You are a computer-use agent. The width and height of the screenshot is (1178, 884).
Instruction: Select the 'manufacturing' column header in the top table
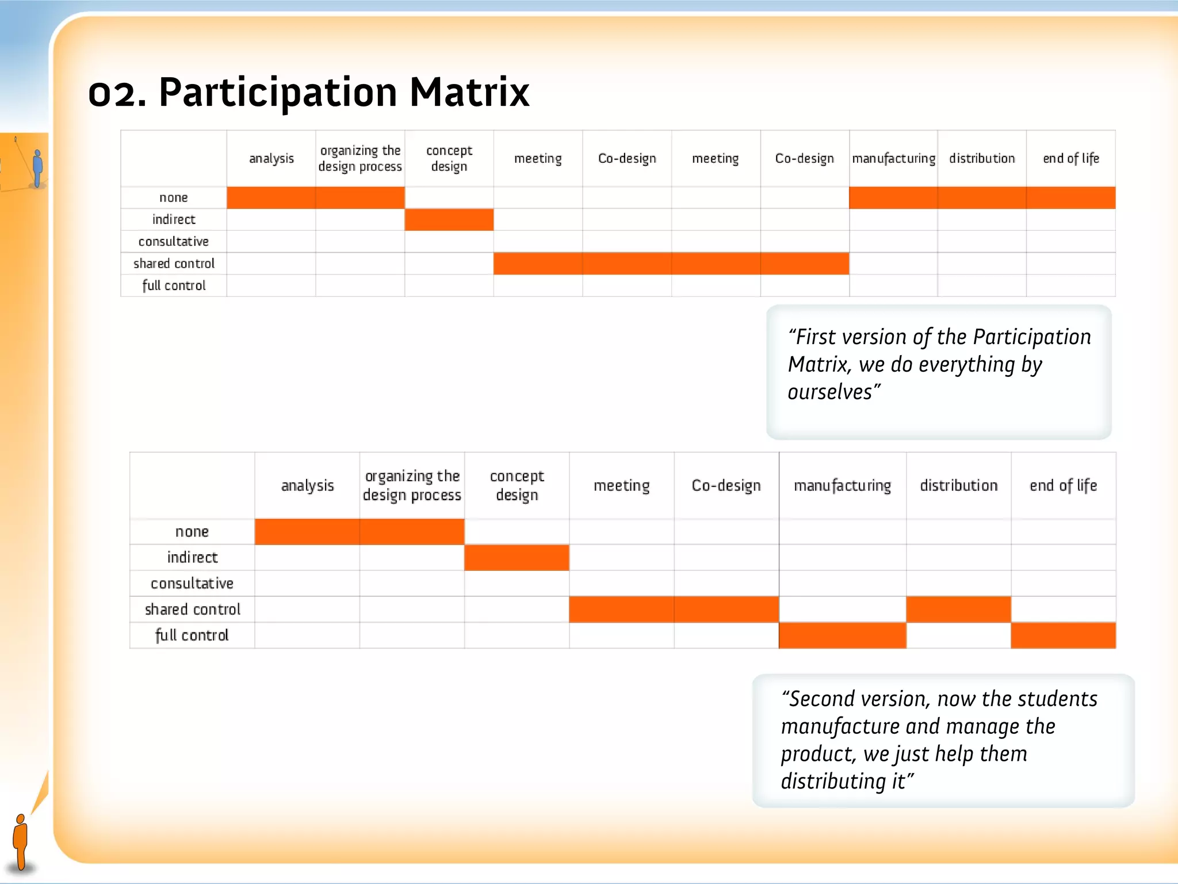tap(893, 158)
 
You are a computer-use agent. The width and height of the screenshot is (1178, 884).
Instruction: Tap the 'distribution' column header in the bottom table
tap(958, 485)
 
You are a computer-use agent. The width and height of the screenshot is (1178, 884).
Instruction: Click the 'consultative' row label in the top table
tap(173, 242)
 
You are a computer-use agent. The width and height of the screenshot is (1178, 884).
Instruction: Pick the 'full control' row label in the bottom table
tap(192, 635)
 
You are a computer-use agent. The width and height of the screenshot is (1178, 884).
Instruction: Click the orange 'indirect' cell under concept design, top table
tap(449, 220)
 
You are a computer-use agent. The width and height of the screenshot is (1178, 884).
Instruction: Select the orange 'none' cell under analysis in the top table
tap(271, 197)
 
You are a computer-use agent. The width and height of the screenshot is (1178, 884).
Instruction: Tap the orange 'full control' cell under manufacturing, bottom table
tap(842, 635)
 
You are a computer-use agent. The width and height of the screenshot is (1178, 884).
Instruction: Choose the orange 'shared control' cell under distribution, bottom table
tap(958, 609)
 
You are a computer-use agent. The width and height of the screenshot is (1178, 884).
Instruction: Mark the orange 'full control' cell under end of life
tap(1063, 635)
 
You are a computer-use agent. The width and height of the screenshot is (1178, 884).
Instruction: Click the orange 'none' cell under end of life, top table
tap(1070, 197)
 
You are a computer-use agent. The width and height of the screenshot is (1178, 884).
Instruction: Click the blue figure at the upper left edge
tap(38, 168)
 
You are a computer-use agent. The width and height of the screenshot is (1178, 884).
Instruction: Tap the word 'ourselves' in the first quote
tap(830, 393)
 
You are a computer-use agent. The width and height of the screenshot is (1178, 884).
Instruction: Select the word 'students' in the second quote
tap(1060, 699)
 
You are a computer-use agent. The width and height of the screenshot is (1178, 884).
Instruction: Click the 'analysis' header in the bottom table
tap(307, 485)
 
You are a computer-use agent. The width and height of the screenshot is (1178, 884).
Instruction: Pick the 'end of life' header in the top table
tap(1070, 158)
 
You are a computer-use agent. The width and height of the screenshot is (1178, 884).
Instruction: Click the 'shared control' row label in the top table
tap(174, 264)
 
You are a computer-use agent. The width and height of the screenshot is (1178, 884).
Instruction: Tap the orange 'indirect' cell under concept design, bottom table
tap(517, 557)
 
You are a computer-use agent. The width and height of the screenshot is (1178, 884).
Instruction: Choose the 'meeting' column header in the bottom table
tap(621, 485)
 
